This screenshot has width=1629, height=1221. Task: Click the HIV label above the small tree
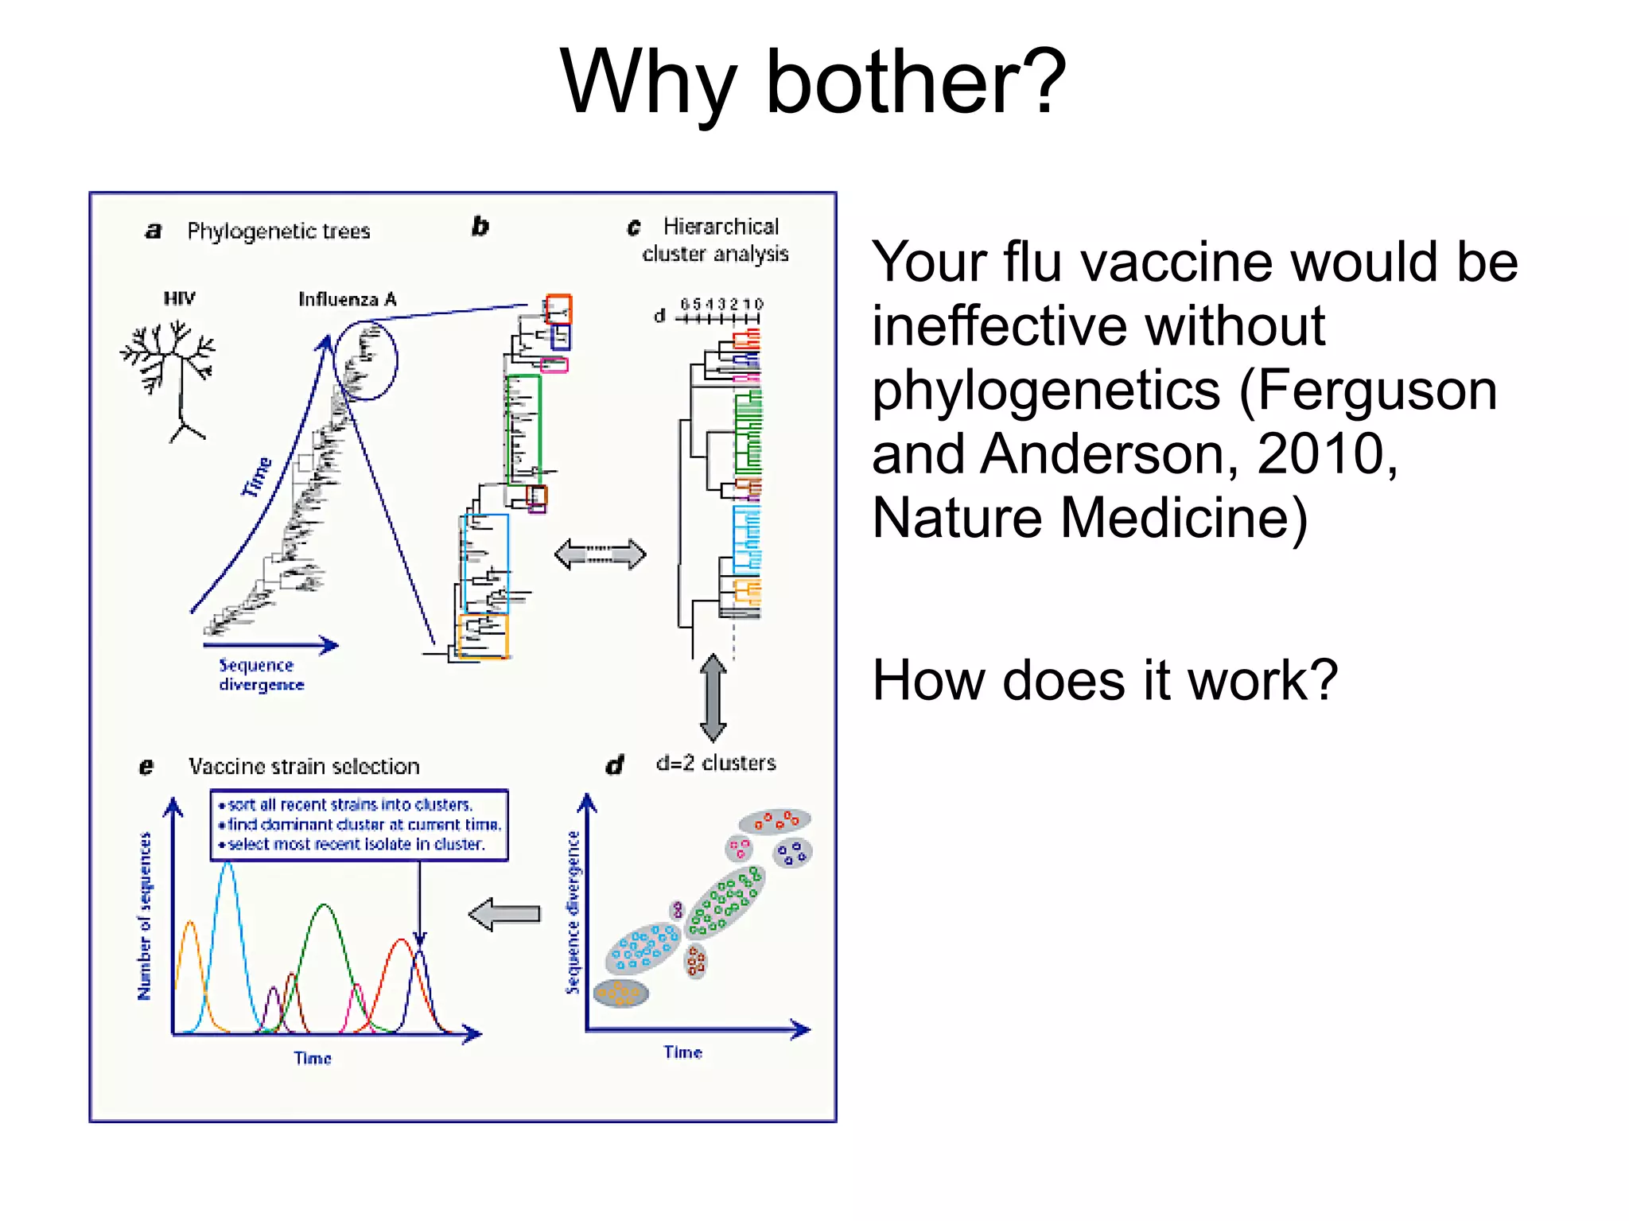179,298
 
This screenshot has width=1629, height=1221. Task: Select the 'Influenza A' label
347,299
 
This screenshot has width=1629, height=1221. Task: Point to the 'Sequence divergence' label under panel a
261,675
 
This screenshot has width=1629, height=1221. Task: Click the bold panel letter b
480,227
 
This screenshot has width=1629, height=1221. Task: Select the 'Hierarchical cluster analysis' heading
716,239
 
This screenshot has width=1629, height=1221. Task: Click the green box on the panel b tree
524,429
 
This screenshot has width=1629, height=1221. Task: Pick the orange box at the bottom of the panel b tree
483,636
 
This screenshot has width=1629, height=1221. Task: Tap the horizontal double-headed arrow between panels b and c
600,554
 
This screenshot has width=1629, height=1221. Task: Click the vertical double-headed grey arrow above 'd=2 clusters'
713,698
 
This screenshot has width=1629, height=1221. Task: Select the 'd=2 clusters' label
716,764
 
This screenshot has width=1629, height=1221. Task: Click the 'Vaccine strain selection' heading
304,767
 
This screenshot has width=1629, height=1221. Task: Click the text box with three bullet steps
359,825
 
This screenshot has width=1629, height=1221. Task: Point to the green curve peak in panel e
324,906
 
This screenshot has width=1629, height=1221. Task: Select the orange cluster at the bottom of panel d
620,993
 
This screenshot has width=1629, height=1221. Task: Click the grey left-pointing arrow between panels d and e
504,914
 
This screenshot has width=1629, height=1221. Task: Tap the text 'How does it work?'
1104,681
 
